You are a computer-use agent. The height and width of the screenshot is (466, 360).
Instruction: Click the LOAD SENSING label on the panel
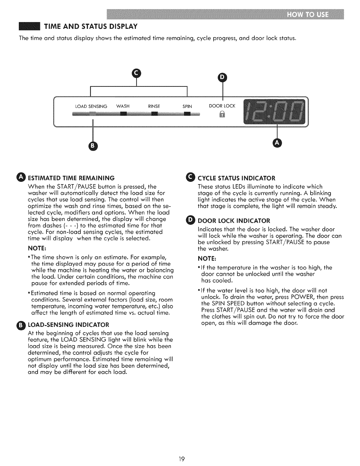91,106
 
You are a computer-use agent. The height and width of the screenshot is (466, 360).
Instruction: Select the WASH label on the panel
123,106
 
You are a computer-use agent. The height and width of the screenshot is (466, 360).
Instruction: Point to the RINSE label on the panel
154,106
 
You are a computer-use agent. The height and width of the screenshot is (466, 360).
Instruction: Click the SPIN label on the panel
187,106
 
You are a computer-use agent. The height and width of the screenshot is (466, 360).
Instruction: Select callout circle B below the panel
93,146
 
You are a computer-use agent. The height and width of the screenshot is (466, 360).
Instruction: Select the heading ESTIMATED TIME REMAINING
71,178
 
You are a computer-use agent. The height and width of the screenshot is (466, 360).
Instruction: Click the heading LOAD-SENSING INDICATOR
68,325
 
